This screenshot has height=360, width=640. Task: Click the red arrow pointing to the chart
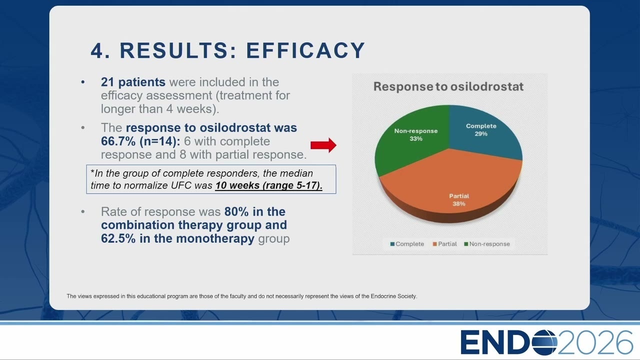click(x=323, y=145)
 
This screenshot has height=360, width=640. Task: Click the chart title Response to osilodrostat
click(x=448, y=86)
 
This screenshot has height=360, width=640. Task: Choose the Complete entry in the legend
click(x=407, y=244)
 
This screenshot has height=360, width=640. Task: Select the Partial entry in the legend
click(x=444, y=244)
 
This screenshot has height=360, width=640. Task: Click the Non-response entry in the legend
click(x=487, y=244)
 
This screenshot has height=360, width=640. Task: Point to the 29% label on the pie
click(x=481, y=133)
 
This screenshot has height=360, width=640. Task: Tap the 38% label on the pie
click(x=459, y=203)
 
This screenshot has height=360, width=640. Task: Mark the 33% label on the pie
click(x=416, y=138)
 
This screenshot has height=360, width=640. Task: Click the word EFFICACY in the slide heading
click(x=305, y=50)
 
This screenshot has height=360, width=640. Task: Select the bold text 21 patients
click(x=133, y=82)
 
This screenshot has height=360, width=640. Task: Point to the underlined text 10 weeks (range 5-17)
click(x=269, y=185)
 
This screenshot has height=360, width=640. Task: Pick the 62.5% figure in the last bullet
click(x=118, y=238)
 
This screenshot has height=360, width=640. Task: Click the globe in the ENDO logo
click(x=544, y=342)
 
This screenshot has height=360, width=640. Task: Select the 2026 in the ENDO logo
click(x=595, y=342)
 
